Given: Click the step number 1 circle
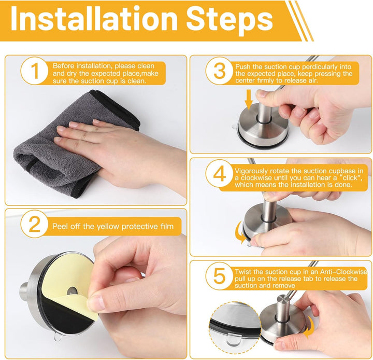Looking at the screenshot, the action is point(35,71).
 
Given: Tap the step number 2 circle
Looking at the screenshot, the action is point(35,224).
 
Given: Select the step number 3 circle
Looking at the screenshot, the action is point(219,71).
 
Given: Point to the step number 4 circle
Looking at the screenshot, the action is point(219,173).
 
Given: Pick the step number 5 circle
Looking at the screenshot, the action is point(219,276).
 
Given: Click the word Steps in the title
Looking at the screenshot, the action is point(229,20).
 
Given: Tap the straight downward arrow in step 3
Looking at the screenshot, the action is point(249,99).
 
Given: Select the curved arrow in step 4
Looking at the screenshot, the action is point(240,232).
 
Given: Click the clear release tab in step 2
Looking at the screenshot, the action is point(57,337).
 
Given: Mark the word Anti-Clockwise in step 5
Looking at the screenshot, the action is point(343,272).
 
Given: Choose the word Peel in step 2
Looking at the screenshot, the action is point(60,226).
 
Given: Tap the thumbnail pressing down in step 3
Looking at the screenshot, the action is point(262,93).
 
